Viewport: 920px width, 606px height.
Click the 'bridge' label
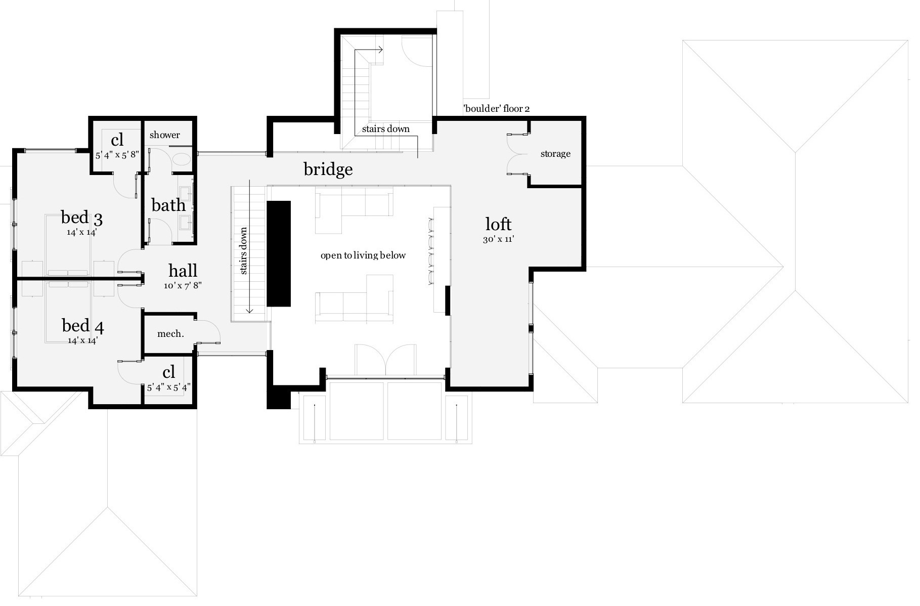(x=328, y=169)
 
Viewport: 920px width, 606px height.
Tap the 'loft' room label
(x=498, y=224)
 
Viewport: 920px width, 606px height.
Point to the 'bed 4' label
(x=82, y=326)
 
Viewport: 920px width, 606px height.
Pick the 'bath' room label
(x=168, y=205)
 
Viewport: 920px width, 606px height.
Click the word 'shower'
(x=164, y=135)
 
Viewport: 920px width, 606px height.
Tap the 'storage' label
(x=555, y=154)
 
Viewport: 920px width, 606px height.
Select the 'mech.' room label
(x=170, y=334)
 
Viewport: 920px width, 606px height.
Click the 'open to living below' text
(x=363, y=255)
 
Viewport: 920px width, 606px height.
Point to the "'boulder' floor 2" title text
(x=496, y=109)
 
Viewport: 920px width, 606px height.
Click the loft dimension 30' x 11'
(x=498, y=239)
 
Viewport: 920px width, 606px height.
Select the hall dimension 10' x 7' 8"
(x=183, y=285)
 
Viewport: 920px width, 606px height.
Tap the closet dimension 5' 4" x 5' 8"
(x=117, y=155)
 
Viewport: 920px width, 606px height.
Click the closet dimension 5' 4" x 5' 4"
(x=168, y=388)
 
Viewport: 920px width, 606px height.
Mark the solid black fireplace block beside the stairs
(x=279, y=253)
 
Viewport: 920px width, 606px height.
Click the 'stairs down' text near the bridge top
(x=385, y=129)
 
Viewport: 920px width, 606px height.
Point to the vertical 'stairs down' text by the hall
(x=244, y=251)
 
